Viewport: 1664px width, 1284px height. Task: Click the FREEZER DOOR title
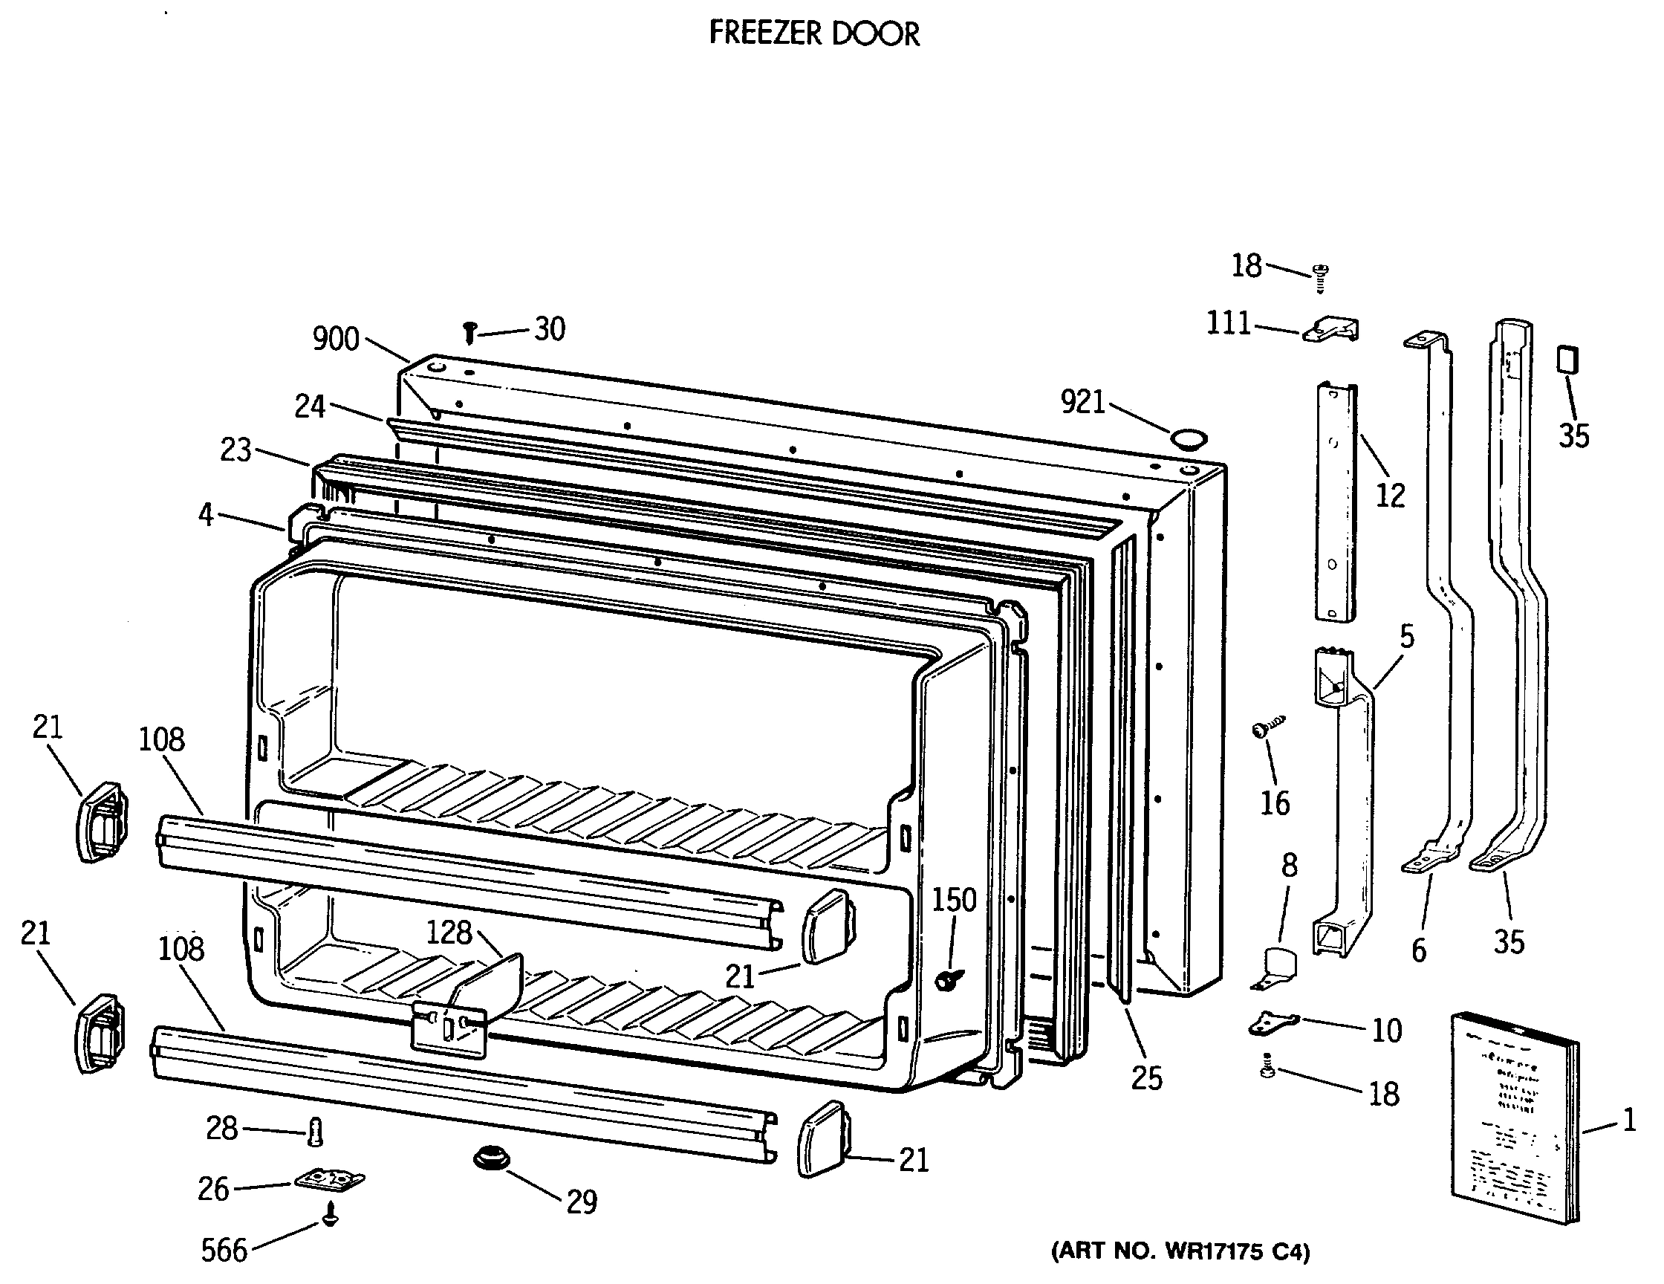click(x=813, y=33)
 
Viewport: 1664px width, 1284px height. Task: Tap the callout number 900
click(x=335, y=339)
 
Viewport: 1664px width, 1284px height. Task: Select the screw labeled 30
click(x=470, y=332)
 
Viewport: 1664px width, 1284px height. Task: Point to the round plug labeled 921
click(x=1189, y=439)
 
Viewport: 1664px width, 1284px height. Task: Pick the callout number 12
click(x=1390, y=496)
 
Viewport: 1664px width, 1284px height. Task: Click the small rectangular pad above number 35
click(x=1567, y=359)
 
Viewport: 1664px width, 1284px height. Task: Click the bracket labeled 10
click(x=1273, y=1022)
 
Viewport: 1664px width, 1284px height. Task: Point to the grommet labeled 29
click(x=492, y=1159)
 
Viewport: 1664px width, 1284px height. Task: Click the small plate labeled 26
click(x=329, y=1180)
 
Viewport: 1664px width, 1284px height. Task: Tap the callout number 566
click(x=224, y=1251)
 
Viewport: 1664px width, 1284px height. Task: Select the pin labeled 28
click(x=316, y=1131)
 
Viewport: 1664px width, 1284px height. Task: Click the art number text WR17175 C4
click(x=1180, y=1251)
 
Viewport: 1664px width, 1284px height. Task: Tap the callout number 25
click(x=1147, y=1078)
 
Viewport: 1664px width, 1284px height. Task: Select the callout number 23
click(x=235, y=450)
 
